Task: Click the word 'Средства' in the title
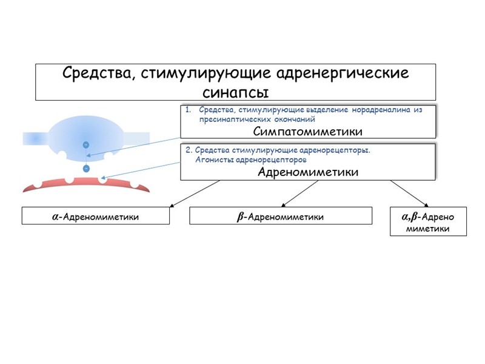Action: [x=98, y=74]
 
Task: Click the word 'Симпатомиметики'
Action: [x=307, y=131]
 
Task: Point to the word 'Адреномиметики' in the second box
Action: [x=308, y=172]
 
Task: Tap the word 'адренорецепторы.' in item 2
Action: [x=335, y=150]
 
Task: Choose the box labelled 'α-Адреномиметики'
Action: [x=96, y=217]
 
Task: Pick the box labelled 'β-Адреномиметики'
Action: [x=280, y=217]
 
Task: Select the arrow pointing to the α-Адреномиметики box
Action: [x=194, y=194]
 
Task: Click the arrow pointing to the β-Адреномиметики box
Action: [x=299, y=194]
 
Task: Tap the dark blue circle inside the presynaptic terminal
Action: [x=86, y=144]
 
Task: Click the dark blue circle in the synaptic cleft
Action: [x=86, y=168]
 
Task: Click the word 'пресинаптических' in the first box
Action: [x=229, y=120]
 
